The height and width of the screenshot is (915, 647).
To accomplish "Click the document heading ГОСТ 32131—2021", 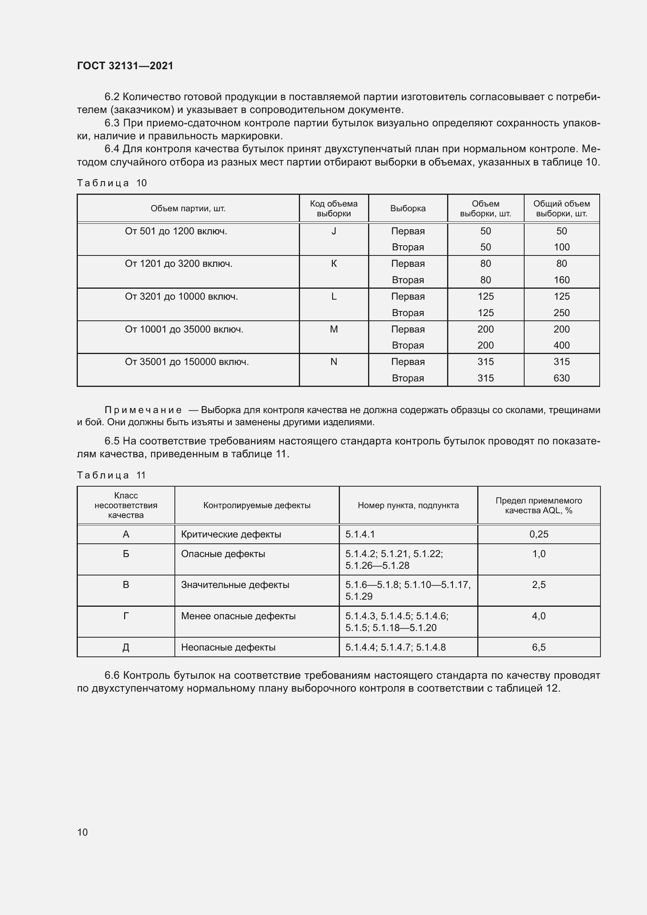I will [x=125, y=66].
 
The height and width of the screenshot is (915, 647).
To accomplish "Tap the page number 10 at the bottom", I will [x=83, y=832].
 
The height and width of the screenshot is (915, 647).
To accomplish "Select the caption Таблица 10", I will [x=112, y=183].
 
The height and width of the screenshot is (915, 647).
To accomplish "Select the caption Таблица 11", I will [x=111, y=475].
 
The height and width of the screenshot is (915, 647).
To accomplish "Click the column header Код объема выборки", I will [x=333, y=209].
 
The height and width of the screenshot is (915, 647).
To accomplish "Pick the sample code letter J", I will [x=333, y=231].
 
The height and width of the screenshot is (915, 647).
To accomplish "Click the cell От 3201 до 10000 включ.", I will [x=181, y=297].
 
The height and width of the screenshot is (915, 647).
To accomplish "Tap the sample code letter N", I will [x=333, y=362].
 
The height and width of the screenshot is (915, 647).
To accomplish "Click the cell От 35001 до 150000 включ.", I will [x=187, y=362].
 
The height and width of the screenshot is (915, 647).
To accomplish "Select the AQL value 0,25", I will [x=539, y=534].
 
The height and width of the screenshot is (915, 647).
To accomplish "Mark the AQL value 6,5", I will [x=539, y=647].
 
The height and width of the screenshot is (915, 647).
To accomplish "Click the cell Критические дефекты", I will [x=231, y=534].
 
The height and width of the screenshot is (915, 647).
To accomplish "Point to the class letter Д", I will [x=126, y=647].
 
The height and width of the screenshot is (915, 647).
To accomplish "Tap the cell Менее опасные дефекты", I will [x=238, y=616].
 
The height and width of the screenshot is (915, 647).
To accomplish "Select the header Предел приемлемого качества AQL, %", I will [x=539, y=505].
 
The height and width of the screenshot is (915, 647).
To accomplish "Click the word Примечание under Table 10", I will [x=143, y=410].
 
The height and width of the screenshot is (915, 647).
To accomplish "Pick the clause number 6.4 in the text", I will [x=112, y=149].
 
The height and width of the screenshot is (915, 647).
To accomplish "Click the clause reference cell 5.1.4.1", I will [x=360, y=534].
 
